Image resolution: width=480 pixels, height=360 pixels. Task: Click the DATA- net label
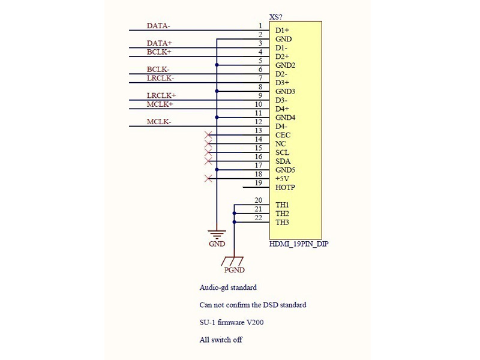click(158, 26)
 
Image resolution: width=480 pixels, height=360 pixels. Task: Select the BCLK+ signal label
click(159, 52)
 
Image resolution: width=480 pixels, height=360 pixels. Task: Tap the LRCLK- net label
click(160, 78)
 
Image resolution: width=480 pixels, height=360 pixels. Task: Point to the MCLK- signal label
click(159, 122)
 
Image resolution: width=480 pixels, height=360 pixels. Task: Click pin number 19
click(259, 183)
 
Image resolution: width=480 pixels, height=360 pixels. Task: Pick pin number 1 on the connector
click(260, 26)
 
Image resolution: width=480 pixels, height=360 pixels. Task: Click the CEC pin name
click(283, 136)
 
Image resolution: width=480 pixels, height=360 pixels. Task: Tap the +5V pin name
click(283, 179)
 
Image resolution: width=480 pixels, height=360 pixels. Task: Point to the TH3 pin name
click(283, 223)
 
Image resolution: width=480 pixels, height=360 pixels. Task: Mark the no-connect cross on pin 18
click(208, 179)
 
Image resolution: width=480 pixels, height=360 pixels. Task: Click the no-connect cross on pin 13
click(208, 135)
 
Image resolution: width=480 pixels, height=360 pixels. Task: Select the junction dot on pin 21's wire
click(235, 213)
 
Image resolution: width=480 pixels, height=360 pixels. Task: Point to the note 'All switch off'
click(221, 340)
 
